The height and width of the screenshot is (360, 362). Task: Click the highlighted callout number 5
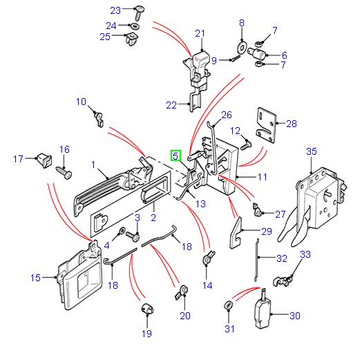pyautogui.click(x=176, y=156)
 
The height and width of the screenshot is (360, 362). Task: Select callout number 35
pyautogui.click(x=311, y=151)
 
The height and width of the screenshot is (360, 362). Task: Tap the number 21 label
pyautogui.click(x=200, y=33)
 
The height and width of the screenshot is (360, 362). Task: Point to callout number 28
pyautogui.click(x=291, y=124)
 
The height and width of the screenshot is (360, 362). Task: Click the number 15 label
pyautogui.click(x=36, y=278)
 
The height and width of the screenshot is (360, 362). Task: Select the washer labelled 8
pyautogui.click(x=242, y=48)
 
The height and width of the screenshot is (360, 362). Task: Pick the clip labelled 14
pyautogui.click(x=207, y=261)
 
